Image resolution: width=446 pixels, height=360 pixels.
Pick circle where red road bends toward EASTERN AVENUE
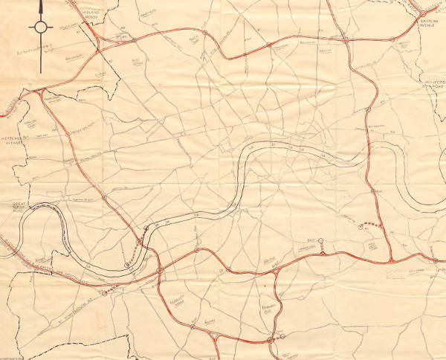[346, 38]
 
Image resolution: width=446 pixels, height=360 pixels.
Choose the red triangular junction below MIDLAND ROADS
[105, 41]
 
